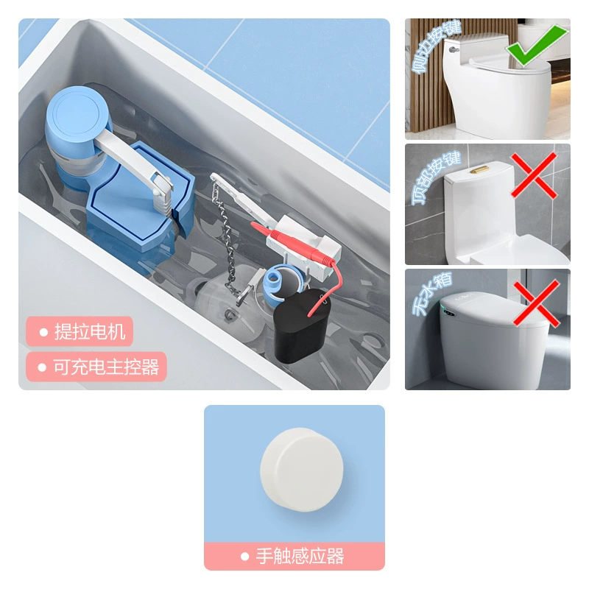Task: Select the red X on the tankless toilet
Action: point(537,303)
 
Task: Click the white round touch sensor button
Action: point(302,470)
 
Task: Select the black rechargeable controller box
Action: point(300,325)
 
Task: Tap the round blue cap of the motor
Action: point(78,111)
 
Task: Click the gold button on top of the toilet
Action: point(479,170)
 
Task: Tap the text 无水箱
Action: point(432,294)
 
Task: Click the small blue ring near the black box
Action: point(275,281)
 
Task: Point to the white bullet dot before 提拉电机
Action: point(43,332)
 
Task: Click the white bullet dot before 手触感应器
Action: point(245,557)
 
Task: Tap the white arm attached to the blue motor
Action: point(132,158)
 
